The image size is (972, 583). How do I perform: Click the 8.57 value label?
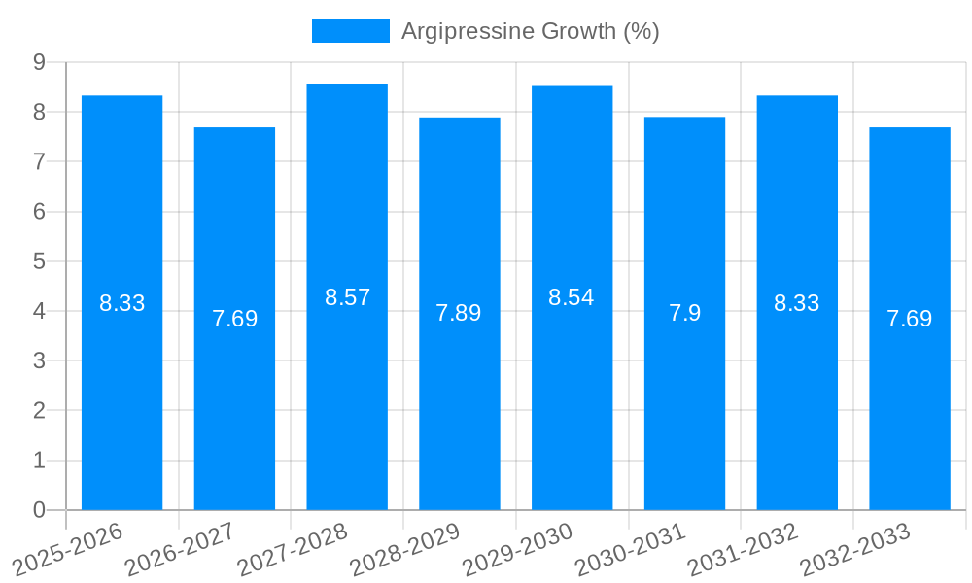point(347,298)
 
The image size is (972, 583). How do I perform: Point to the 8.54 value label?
point(572,298)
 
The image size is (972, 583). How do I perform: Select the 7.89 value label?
point(459,313)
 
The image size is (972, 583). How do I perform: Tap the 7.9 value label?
point(684,313)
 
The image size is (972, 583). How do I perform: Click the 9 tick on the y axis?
point(40,62)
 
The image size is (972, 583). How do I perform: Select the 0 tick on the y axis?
point(40,510)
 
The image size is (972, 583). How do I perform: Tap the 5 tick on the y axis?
point(40,261)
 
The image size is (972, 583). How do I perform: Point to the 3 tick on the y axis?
point(40,360)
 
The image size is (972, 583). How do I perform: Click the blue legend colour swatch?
point(350,31)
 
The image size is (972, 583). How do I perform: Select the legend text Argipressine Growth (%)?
point(531,31)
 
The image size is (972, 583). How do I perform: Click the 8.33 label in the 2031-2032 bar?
point(797,303)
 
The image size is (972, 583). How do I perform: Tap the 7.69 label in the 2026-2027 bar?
point(234,319)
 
